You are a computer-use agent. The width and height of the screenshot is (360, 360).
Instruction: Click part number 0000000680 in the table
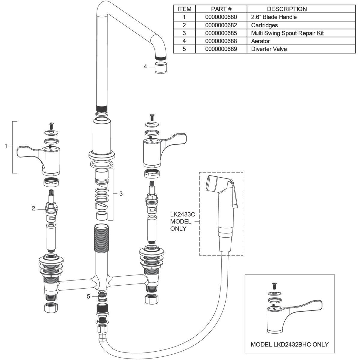pyautogui.click(x=221, y=17)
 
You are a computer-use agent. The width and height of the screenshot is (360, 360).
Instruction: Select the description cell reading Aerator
pyautogui.click(x=260, y=41)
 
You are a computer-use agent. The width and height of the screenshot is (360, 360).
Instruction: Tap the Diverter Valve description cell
pyautogui.click(x=269, y=49)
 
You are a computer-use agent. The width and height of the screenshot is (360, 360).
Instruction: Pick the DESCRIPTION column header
pyautogui.click(x=287, y=9)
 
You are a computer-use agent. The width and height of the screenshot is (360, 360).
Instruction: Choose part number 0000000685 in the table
pyautogui.click(x=221, y=33)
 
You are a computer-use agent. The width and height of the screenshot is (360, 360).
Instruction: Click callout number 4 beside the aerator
pyautogui.click(x=145, y=66)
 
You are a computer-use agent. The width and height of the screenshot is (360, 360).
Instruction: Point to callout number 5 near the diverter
pyautogui.click(x=88, y=296)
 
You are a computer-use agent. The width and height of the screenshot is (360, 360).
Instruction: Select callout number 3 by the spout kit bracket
pyautogui.click(x=121, y=194)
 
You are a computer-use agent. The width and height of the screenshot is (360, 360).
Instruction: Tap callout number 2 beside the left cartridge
pyautogui.click(x=33, y=208)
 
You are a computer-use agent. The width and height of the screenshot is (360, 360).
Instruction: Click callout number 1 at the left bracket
pyautogui.click(x=6, y=146)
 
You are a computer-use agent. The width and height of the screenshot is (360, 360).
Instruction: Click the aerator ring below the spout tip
pyautogui.click(x=161, y=67)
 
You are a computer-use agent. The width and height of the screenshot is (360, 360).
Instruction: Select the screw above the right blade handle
pyautogui.click(x=151, y=118)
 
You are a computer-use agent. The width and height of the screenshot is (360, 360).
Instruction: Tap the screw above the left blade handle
pyautogui.click(x=51, y=126)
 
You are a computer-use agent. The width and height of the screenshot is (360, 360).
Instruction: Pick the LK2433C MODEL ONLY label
pyautogui.click(x=182, y=221)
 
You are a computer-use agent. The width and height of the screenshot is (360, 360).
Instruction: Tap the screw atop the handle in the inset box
pyautogui.click(x=274, y=286)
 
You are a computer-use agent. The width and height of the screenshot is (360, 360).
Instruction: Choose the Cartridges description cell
pyautogui.click(x=264, y=25)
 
